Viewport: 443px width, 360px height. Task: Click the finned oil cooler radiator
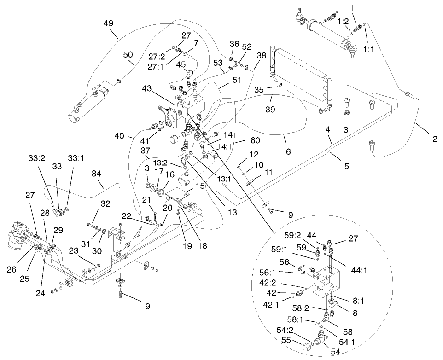pos(299,76)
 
